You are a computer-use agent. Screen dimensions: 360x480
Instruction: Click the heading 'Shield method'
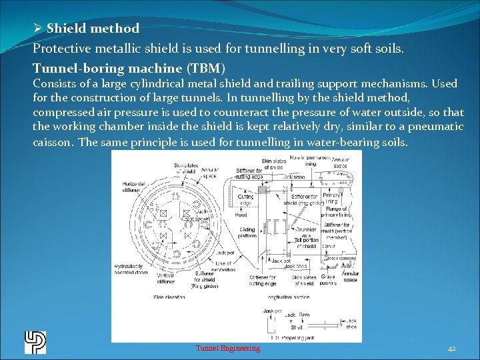[93, 28]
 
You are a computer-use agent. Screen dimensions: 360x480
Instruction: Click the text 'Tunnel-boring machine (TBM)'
[129, 68]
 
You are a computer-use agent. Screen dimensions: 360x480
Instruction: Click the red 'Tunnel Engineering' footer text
[228, 348]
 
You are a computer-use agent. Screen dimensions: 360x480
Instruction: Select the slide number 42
[451, 348]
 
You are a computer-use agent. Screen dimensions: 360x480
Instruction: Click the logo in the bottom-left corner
[35, 342]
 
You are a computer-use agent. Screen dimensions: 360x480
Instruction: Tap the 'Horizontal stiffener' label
[133, 187]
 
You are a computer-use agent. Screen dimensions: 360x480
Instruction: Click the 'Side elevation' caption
[167, 297]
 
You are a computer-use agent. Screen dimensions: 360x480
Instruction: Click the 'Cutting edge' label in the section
[245, 200]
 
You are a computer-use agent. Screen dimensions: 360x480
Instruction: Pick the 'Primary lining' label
[331, 199]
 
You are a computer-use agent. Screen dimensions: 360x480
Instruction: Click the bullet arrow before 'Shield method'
[38, 28]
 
